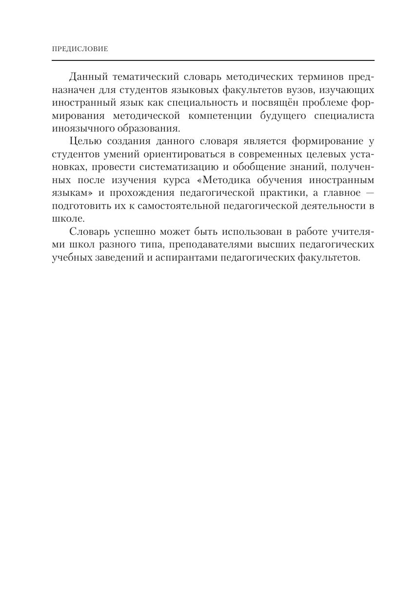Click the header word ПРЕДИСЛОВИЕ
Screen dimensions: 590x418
pyautogui.click(x=80, y=49)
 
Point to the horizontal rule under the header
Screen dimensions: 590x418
pyautogui.click(x=213, y=60)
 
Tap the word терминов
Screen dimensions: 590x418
pyautogui.click(x=318, y=77)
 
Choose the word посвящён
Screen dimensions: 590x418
pyautogui.click(x=277, y=103)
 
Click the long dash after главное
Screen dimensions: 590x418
pyautogui.click(x=369, y=193)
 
